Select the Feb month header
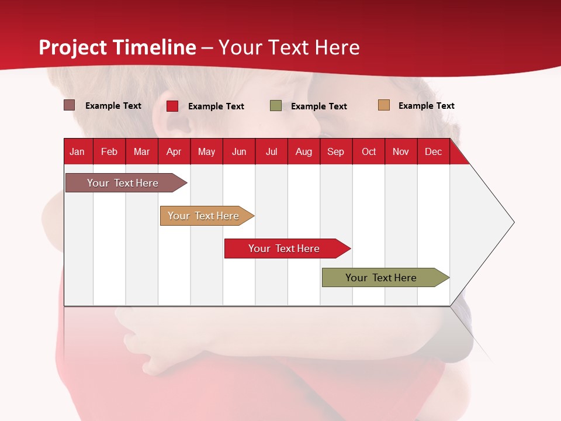(x=109, y=151)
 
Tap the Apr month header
(x=174, y=151)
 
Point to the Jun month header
(x=239, y=151)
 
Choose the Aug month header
(x=304, y=151)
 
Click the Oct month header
(x=369, y=151)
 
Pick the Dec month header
(x=433, y=151)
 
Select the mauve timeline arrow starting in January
(x=126, y=182)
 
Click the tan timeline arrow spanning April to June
(x=207, y=216)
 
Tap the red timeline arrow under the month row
(x=288, y=249)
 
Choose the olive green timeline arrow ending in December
(x=386, y=277)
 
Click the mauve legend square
(x=69, y=105)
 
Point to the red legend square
(x=172, y=106)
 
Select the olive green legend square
(x=275, y=106)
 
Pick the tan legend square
(x=384, y=105)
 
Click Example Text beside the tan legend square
(x=427, y=106)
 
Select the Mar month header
(x=141, y=151)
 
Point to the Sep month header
(x=336, y=151)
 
